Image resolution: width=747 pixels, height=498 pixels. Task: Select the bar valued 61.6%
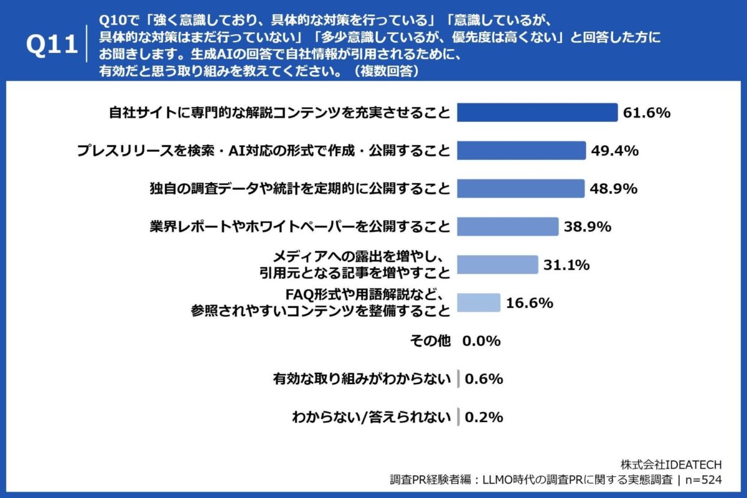point(537,113)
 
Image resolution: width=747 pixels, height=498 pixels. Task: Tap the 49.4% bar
point(522,151)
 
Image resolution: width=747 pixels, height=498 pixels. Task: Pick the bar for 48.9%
point(521,189)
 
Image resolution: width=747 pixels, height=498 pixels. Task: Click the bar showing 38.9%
point(507,227)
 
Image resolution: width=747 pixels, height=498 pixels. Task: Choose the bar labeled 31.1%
point(497,265)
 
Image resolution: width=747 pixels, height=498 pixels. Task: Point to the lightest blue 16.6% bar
point(479,303)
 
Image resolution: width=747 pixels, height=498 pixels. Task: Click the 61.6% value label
point(646,113)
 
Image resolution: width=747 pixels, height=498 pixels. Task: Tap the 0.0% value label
point(481,341)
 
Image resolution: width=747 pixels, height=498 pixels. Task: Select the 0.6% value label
point(483,379)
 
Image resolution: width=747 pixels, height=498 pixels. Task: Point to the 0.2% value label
point(483,417)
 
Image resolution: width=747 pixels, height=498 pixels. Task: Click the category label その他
point(430,341)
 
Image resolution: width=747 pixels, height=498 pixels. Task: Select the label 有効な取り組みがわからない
point(362,379)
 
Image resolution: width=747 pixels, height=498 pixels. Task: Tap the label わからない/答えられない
point(371,417)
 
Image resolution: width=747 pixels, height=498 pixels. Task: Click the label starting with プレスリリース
point(263,151)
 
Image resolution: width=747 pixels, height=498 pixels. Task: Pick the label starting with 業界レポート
point(299,227)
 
